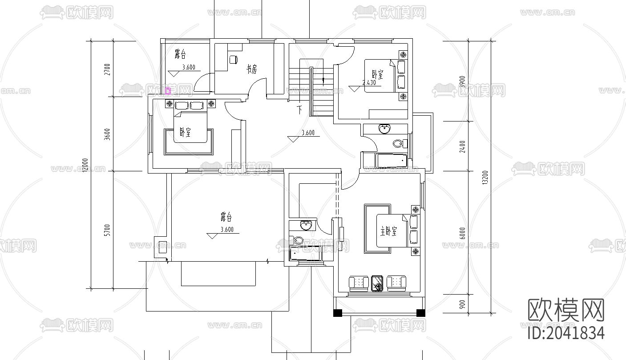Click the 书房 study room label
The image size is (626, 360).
(x=251, y=69)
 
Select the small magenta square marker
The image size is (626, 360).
(x=168, y=92)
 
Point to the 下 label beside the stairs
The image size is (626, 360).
(x=300, y=109)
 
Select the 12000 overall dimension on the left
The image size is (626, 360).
(x=85, y=166)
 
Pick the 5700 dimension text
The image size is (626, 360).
(x=107, y=230)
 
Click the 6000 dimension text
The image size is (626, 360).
(x=463, y=233)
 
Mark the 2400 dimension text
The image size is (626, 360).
(x=463, y=146)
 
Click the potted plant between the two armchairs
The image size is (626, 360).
(x=377, y=283)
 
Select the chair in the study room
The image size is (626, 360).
(x=234, y=59)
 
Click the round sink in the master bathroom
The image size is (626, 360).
(x=306, y=226)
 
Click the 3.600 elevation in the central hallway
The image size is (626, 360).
(x=308, y=133)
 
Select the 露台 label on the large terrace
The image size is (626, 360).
(x=226, y=217)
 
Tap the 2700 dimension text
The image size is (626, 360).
(x=107, y=69)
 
